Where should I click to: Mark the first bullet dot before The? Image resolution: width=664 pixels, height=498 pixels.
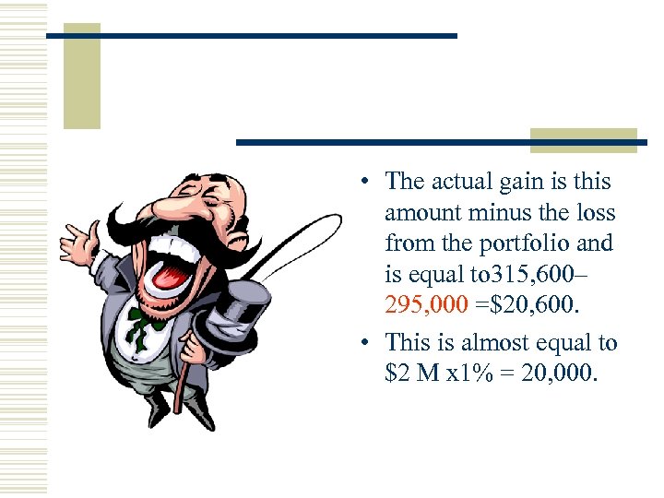366,183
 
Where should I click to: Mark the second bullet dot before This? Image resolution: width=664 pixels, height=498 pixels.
366,344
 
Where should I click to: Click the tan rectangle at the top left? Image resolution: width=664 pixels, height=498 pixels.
81,76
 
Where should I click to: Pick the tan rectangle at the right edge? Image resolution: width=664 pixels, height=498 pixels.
584,140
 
